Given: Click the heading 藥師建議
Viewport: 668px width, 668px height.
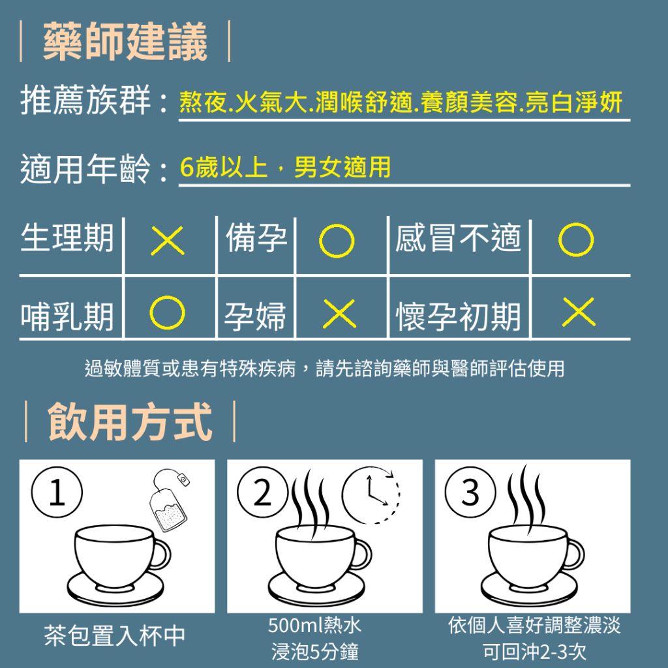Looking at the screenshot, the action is (125, 41).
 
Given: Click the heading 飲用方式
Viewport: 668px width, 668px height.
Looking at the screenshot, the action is (130, 421).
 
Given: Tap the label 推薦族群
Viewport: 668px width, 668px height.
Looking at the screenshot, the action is (85, 100).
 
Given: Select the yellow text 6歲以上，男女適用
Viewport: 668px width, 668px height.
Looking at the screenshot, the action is (285, 167).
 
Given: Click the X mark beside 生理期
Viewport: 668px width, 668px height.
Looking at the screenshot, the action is (168, 241).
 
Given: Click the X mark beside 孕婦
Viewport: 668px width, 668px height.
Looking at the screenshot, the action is (339, 314).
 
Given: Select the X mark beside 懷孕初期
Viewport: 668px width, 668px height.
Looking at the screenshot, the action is (579, 312).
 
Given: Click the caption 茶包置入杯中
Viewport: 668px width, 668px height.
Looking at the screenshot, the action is (115, 635).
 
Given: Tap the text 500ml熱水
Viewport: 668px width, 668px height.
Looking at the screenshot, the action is (314, 625).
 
